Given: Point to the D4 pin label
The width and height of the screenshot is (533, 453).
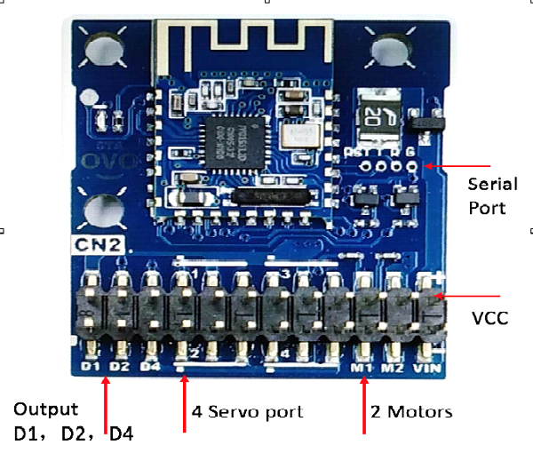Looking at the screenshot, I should click(x=153, y=366).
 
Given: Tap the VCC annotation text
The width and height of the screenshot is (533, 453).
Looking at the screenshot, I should click(x=490, y=317).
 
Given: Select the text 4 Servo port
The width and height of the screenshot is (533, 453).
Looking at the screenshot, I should click(x=248, y=411).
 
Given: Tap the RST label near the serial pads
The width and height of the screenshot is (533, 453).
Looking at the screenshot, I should click(x=357, y=152).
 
